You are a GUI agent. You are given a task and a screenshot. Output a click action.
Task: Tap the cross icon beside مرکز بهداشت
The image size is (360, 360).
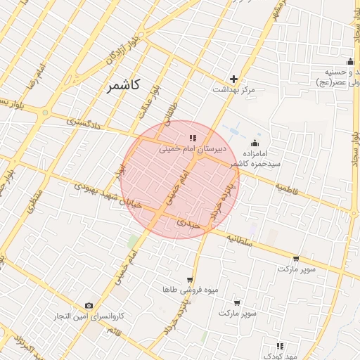[234, 79]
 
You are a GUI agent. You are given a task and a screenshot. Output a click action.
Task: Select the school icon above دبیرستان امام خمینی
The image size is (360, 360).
[193, 138]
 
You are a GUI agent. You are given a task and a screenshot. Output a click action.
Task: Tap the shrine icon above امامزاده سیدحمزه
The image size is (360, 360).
[255, 143]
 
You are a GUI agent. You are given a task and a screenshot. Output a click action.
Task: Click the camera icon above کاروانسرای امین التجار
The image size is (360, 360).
[89, 305]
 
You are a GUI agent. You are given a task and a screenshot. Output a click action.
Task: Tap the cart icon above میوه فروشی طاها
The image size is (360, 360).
[189, 279]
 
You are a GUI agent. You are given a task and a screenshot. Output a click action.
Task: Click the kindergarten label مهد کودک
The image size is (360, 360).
[288, 356]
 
